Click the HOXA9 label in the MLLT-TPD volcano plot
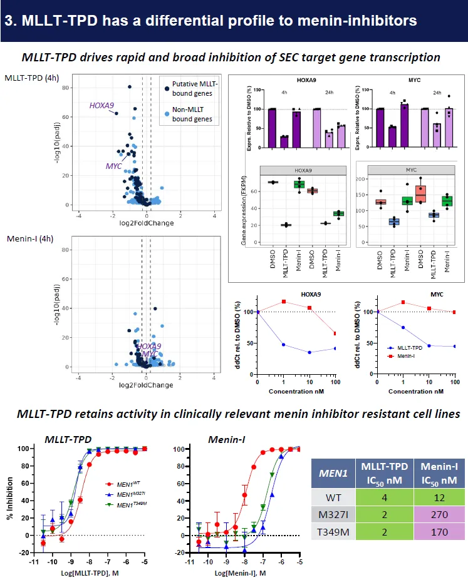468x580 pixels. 101,105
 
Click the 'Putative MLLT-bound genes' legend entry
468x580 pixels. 192,89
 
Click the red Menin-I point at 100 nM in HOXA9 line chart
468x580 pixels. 335,333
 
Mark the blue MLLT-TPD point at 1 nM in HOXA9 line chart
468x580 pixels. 284,345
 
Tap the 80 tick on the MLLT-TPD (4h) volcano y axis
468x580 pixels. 65,88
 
